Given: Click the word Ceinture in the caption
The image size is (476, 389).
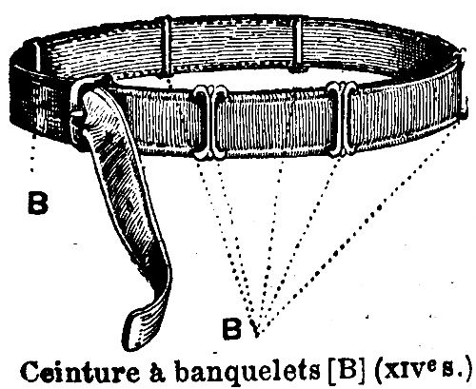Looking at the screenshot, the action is [79, 371].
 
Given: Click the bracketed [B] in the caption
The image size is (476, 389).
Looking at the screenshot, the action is [346, 370].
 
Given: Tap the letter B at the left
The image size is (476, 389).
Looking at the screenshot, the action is [38, 203].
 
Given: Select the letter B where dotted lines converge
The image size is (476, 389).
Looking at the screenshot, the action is [232, 328].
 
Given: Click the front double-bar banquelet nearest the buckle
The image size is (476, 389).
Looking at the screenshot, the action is [210, 122].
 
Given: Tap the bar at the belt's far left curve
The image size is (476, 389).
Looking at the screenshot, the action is [37, 57].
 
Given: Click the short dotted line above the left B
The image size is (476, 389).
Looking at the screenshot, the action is [32, 154].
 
